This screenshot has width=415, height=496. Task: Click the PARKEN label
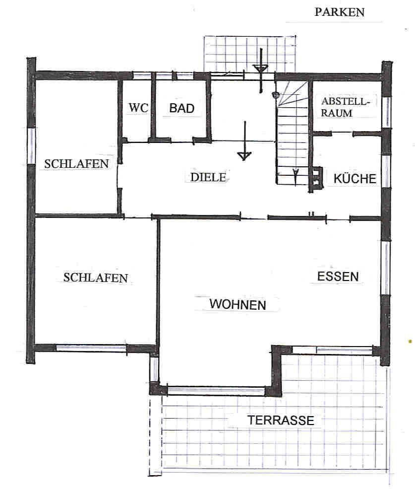click(340, 12)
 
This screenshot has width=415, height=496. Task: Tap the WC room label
click(138, 108)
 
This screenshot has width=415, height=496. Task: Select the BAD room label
click(181, 108)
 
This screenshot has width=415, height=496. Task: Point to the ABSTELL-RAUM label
click(345, 107)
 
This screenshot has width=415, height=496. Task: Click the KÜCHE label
click(355, 179)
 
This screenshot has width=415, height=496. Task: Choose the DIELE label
click(208, 177)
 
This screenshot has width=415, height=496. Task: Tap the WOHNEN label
click(237, 304)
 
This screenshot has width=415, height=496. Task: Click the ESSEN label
click(338, 277)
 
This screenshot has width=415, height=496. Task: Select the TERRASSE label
click(281, 421)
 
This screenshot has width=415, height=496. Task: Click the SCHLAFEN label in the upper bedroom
click(76, 164)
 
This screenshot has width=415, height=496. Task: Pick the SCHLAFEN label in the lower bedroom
click(95, 278)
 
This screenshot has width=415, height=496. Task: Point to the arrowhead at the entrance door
click(261, 69)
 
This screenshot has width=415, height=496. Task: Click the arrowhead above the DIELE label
click(244, 156)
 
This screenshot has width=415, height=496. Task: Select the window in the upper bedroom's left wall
click(31, 146)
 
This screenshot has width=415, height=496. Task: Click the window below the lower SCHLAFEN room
click(91, 348)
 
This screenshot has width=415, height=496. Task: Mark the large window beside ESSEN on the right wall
click(385, 268)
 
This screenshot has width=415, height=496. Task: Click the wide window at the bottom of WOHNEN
click(216, 391)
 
